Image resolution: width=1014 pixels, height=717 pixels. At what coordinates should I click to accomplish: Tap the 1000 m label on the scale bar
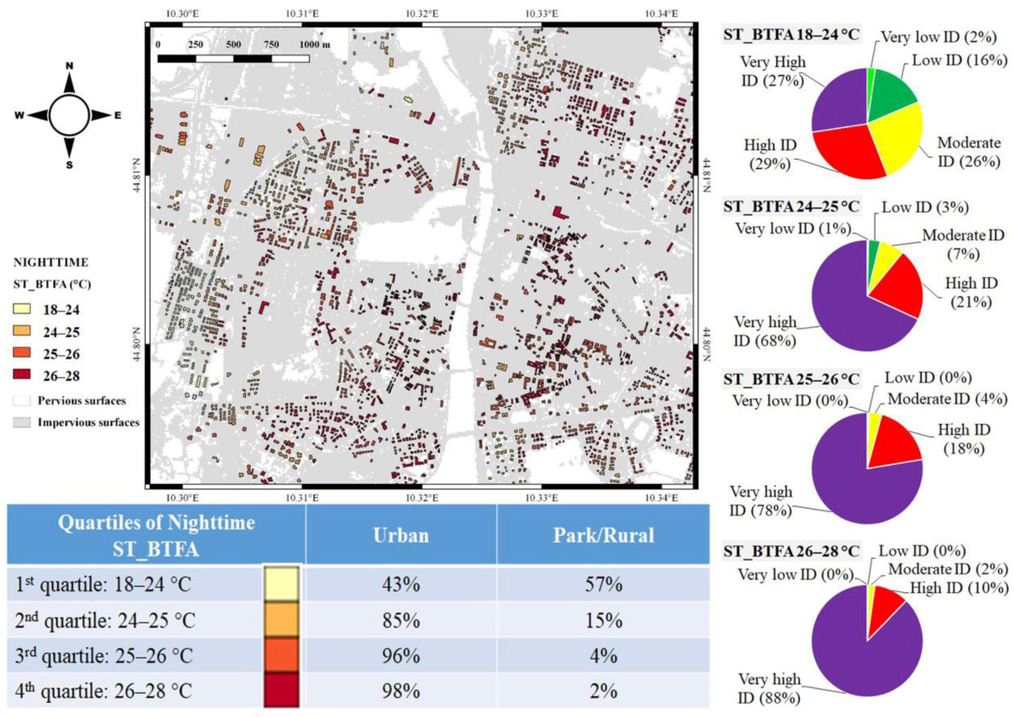coord(314,45)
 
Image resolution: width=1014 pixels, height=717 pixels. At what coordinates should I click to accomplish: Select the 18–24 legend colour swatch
coord(22,309)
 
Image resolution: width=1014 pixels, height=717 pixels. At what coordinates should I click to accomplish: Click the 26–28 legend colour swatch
coord(22,375)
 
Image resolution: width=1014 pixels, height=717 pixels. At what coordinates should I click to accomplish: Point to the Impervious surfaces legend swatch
coord(22,422)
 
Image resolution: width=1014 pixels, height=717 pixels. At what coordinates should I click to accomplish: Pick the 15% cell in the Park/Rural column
coord(603,620)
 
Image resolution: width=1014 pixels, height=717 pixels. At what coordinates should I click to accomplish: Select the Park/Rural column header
coord(603,536)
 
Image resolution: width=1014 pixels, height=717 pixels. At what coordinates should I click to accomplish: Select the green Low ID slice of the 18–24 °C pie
coord(888,93)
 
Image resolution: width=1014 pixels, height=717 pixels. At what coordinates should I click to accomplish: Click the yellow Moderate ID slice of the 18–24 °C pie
coord(901,137)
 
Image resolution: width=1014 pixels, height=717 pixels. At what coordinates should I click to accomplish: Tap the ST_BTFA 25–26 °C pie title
coord(790,379)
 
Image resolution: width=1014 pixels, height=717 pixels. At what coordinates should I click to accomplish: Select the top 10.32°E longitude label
coord(422,14)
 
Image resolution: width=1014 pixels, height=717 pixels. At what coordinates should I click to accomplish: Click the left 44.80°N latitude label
coord(137,344)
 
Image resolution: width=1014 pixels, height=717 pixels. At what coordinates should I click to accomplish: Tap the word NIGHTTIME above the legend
coord(51,262)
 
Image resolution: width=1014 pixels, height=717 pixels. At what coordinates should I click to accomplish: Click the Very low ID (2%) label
coord(938,37)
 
